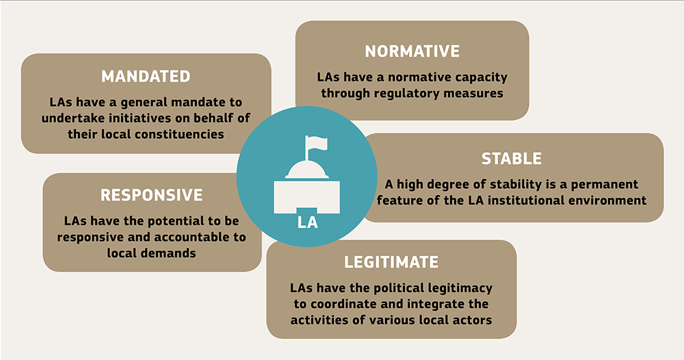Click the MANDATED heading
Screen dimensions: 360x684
[x=146, y=76]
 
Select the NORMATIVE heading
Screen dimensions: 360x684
[x=412, y=51]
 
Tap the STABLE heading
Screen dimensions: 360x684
[x=512, y=159]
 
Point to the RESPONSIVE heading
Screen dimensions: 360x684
[x=152, y=195]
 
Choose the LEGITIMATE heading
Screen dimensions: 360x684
[x=391, y=262]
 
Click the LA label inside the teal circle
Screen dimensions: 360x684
[x=307, y=222]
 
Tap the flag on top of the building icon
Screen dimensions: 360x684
[x=315, y=142]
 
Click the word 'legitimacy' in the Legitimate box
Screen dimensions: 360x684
[x=456, y=287]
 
